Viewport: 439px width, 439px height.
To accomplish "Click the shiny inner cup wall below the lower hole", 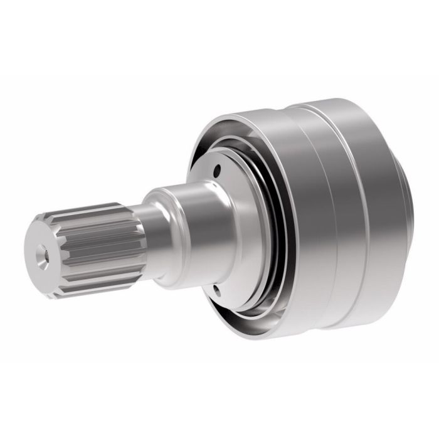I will pos(232,314).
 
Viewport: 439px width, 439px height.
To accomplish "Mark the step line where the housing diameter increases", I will pos(320,207).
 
